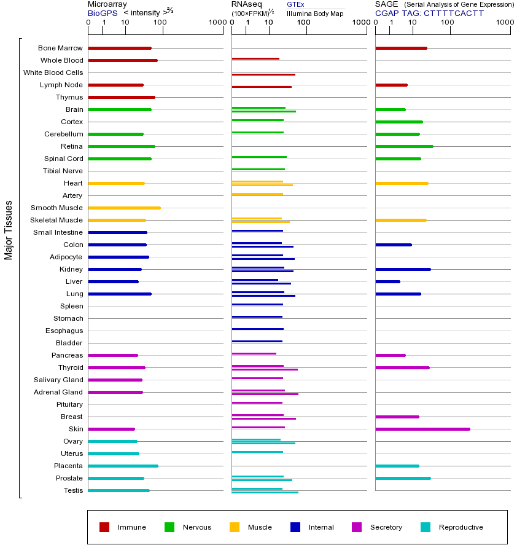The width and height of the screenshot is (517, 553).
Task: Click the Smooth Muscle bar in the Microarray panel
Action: [124, 208]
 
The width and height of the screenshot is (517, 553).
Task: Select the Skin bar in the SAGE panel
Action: [422, 429]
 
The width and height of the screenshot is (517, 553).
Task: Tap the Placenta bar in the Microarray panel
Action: [123, 466]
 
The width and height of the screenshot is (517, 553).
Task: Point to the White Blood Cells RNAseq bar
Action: [263, 74]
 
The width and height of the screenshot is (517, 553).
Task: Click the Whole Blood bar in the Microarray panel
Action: [123, 60]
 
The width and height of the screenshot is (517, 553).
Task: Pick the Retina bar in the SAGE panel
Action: [404, 146]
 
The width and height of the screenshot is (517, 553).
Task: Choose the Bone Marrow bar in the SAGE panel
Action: [401, 48]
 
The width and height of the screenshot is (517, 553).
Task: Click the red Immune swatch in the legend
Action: [104, 527]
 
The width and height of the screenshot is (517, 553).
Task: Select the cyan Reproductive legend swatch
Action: [426, 527]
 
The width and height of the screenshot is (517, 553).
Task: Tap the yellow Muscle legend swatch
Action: [235, 527]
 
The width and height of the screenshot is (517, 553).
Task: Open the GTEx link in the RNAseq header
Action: [295, 5]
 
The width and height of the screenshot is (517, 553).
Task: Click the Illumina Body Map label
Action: [315, 14]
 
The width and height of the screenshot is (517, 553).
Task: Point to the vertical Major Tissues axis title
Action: [9, 230]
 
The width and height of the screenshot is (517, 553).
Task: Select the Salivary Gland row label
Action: [58, 380]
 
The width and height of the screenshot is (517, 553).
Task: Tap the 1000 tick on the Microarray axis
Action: [216, 23]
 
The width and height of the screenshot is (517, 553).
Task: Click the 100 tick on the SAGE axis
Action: [448, 23]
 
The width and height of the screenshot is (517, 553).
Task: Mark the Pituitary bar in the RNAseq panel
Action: [257, 402]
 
